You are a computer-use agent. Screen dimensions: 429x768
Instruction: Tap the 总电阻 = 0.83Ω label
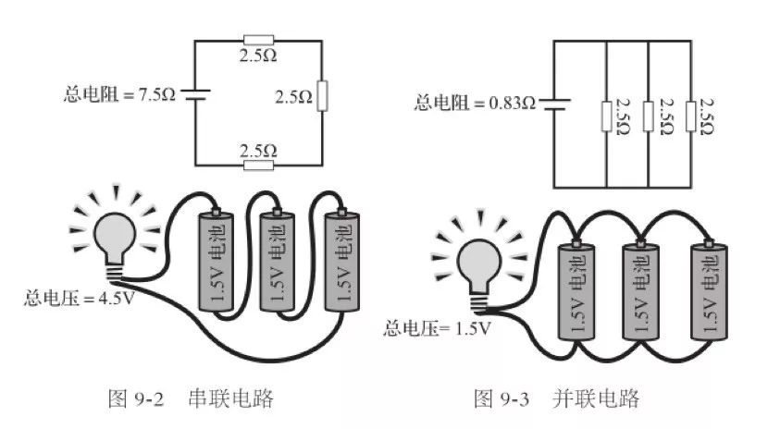(475, 103)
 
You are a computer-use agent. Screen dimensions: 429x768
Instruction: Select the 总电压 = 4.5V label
(81, 299)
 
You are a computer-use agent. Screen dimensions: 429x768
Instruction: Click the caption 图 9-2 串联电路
(191, 398)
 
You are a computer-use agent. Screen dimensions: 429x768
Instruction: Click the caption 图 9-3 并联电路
(557, 398)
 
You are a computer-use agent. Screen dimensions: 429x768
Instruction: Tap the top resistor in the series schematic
(257, 40)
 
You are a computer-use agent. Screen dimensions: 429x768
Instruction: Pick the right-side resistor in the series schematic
(321, 95)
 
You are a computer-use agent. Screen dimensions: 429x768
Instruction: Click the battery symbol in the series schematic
(195, 94)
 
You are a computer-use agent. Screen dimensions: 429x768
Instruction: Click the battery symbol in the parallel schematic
(552, 103)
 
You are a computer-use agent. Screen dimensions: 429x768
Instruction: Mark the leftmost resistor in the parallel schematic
(605, 116)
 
